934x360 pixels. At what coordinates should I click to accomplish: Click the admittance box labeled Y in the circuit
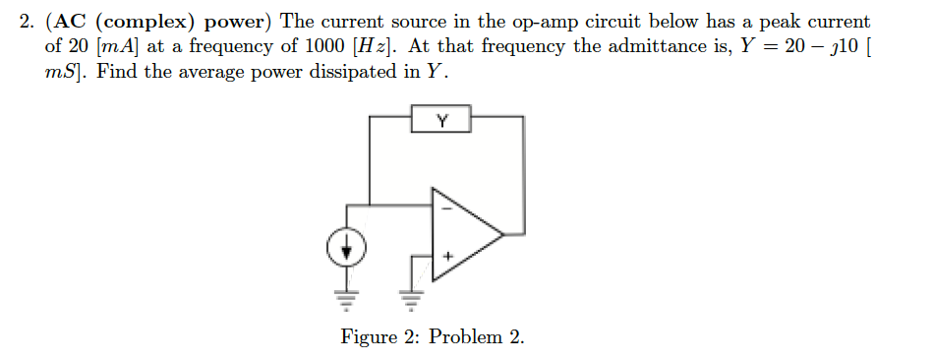pos(441,122)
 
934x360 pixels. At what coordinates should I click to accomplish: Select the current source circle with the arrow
pos(346,252)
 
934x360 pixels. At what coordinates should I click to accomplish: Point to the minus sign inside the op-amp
pos(445,208)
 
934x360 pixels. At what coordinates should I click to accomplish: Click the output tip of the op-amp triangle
pos(502,234)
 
